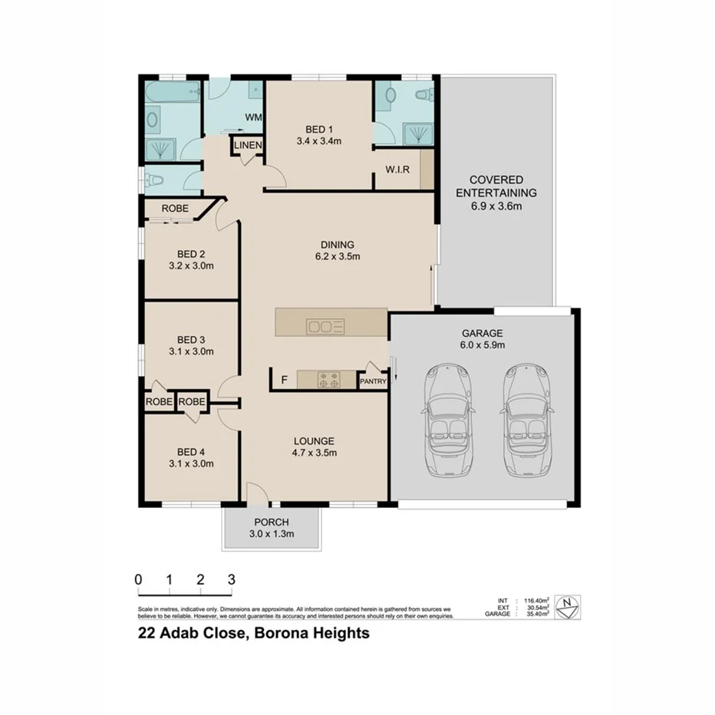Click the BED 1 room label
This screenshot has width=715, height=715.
coord(318,129)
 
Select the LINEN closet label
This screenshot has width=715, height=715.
coord(248,145)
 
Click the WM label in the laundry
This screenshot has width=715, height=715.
coord(252,117)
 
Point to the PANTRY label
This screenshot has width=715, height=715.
coord(373,381)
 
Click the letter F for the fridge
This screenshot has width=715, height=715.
coord(285,380)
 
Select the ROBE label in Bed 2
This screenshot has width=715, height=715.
coord(175,209)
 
